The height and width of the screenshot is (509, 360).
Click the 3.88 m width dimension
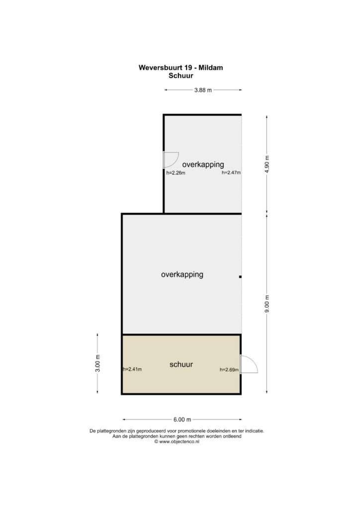tap(203, 90)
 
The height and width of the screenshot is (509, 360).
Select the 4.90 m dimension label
tap(267, 164)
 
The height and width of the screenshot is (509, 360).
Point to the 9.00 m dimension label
tap(267, 304)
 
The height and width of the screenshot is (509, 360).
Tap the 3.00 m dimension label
tap(98, 363)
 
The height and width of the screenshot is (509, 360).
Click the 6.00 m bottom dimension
tap(182, 420)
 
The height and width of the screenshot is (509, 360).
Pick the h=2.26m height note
tap(176, 173)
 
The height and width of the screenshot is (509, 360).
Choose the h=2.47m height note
tap(231, 172)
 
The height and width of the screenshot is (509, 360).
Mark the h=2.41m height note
tap(132, 369)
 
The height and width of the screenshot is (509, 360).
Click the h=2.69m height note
tap(229, 369)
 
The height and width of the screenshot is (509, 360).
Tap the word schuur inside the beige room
tap(181, 364)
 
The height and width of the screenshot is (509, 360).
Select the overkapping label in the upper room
tap(203, 165)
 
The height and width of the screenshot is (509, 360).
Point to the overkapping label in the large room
tap(182, 274)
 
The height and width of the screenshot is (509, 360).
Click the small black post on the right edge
tap(240, 277)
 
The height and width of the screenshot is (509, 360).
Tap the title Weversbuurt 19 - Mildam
tap(181, 68)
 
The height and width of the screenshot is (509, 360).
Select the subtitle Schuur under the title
tap(181, 76)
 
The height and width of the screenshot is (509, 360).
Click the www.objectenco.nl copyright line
tap(177, 441)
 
